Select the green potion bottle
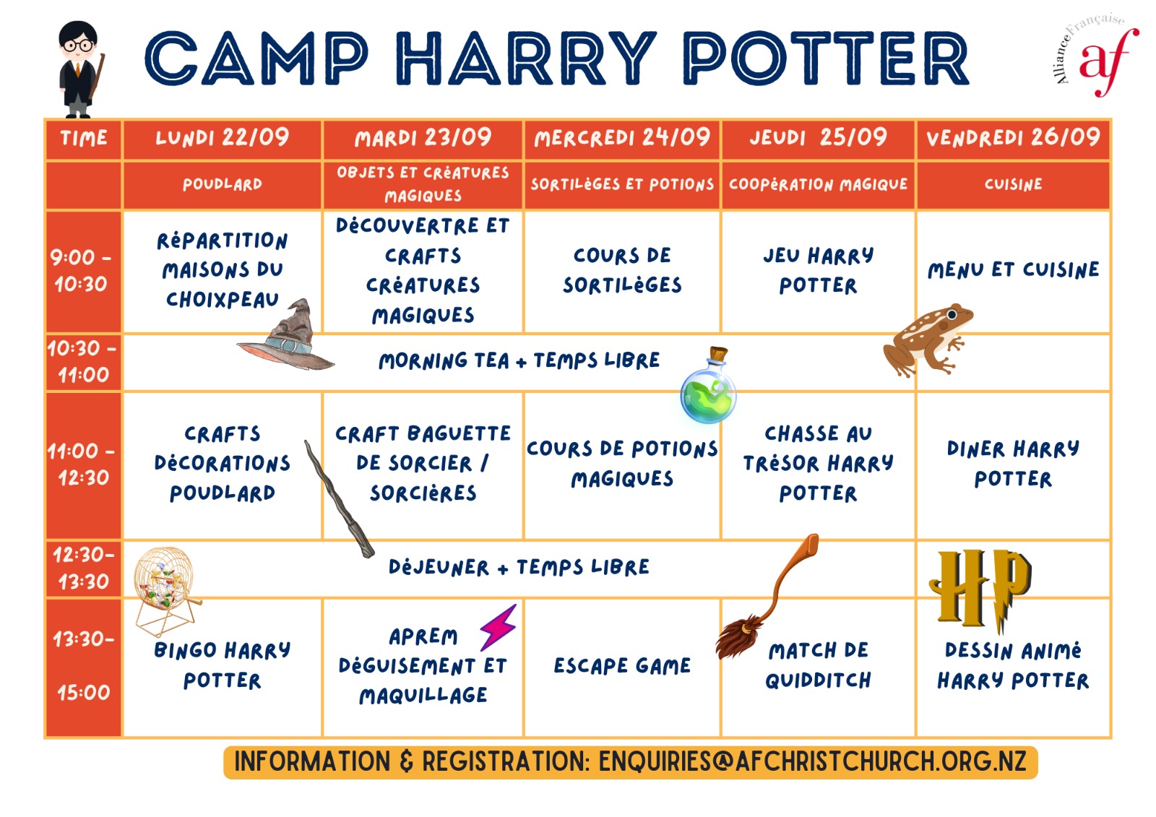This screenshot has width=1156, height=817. coord(708,386)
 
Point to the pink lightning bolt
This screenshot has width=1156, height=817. coord(498,627)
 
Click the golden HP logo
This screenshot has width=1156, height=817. coord(980,588)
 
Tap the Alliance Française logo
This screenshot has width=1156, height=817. coord(1094,54)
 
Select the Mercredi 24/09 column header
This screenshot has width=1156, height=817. coord(622,138)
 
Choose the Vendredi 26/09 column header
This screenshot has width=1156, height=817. coord(1013,138)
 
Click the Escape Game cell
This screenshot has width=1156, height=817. coord(622,666)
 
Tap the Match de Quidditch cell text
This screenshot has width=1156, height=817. coord(818,665)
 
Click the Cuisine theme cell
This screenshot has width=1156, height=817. coord(1013,184)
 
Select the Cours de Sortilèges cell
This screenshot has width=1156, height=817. coord(622,270)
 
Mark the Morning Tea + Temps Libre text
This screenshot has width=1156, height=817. coord(519,360)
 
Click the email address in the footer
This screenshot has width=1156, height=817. coord(812,762)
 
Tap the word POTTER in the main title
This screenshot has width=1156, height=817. coord(827,58)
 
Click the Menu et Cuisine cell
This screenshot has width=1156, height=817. coord(1013,270)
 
